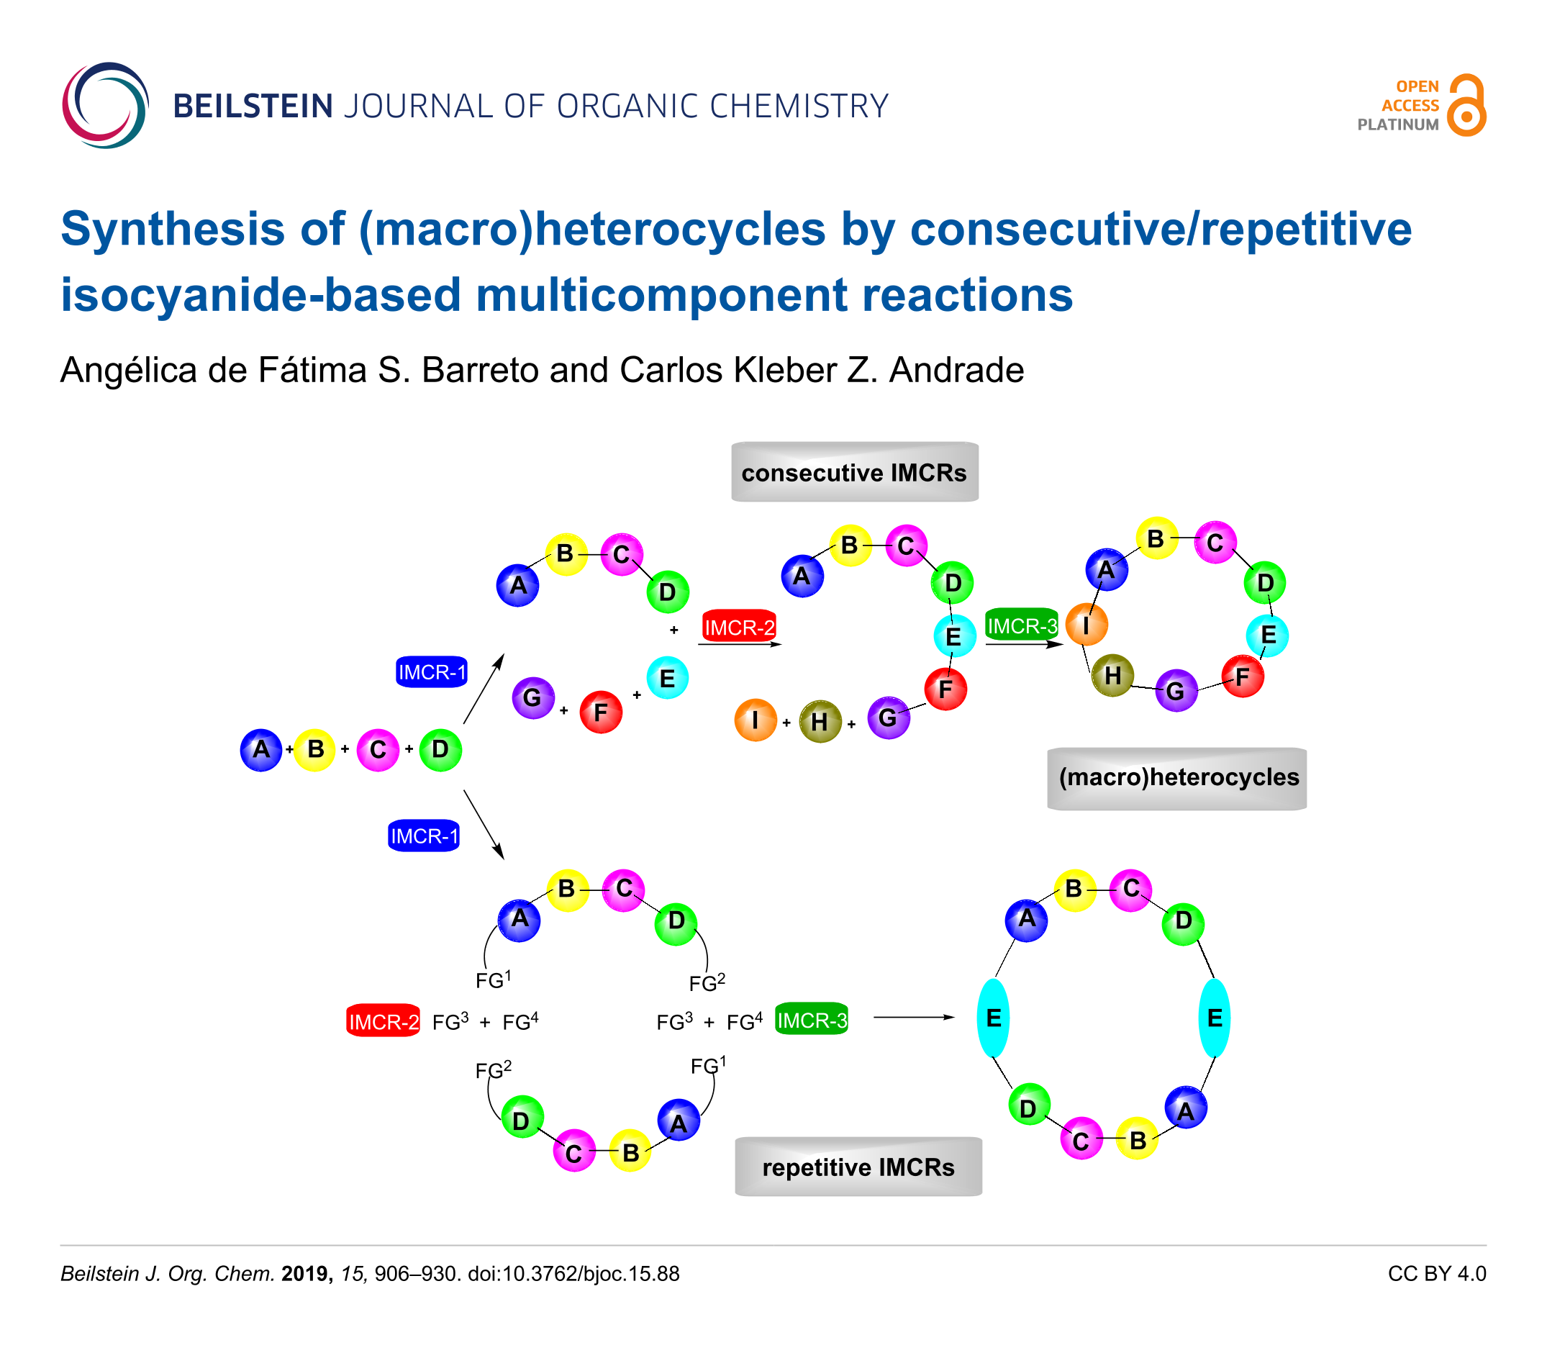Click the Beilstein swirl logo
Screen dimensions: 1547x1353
pos(105,105)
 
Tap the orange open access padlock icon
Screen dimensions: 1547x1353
pos(1466,105)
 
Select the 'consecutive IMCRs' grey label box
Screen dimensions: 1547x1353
pos(855,473)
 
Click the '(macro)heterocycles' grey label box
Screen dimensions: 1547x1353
pos(1177,779)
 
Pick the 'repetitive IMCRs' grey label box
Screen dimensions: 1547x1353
pos(858,1167)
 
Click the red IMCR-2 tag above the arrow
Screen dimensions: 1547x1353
pos(739,627)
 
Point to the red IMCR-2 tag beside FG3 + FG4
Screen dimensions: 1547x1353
pos(384,1021)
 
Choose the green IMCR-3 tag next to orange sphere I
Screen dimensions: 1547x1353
pos(1022,625)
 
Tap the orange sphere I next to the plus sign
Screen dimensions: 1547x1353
pos(756,720)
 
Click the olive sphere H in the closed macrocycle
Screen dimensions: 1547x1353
pos(1113,675)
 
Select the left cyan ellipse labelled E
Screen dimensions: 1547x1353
pos(993,1018)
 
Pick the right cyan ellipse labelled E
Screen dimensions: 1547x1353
pos(1215,1018)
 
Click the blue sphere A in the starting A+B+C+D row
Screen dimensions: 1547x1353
pos(261,750)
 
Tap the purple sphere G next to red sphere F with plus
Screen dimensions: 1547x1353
pos(533,697)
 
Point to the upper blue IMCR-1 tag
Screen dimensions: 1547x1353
pos(432,671)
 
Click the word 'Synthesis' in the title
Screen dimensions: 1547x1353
pos(173,229)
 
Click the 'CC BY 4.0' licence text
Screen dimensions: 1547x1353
pos(1437,1274)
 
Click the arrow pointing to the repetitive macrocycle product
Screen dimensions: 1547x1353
pos(915,1017)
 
